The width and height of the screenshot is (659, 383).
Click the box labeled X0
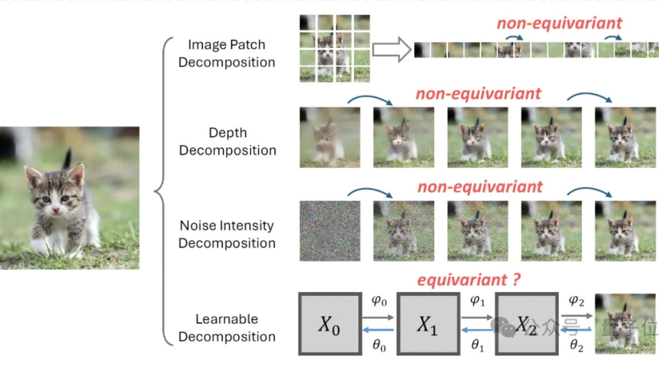click(x=330, y=323)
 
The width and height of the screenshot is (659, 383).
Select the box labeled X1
click(x=428, y=323)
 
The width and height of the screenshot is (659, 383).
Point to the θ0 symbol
click(x=379, y=346)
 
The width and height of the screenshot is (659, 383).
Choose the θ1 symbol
click(x=478, y=346)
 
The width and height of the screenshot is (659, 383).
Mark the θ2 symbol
click(x=577, y=346)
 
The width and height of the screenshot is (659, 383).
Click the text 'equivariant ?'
click(x=470, y=280)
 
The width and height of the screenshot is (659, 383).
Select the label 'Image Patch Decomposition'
click(x=226, y=53)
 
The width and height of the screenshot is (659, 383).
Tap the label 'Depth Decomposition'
click(x=228, y=141)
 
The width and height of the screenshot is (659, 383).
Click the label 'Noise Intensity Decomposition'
click(x=226, y=234)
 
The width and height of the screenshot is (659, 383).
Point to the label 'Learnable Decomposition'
click(x=226, y=328)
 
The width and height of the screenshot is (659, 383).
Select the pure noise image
click(x=330, y=231)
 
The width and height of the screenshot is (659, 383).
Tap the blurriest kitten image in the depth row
click(x=330, y=138)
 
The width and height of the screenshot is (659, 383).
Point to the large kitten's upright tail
click(x=67, y=159)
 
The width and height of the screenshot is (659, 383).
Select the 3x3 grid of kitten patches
click(x=335, y=48)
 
